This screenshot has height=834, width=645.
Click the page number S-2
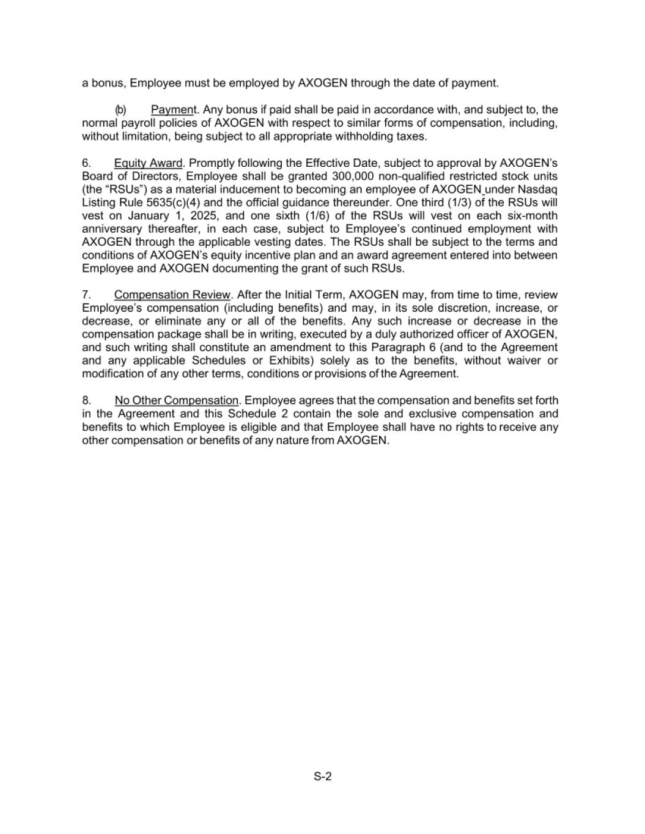pyautogui.click(x=322, y=777)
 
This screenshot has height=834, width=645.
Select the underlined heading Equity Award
pyautogui.click(x=148, y=163)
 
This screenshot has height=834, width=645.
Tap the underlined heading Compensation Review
pyautogui.click(x=172, y=295)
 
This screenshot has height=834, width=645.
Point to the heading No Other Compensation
pyautogui.click(x=177, y=400)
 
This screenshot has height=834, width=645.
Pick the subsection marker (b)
pyautogui.click(x=120, y=110)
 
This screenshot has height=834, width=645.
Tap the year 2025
pyautogui.click(x=196, y=216)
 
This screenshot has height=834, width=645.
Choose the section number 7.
pyautogui.click(x=86, y=295)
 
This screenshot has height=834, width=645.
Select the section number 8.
pyautogui.click(x=86, y=400)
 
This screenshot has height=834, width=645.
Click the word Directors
pyautogui.click(x=149, y=176)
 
